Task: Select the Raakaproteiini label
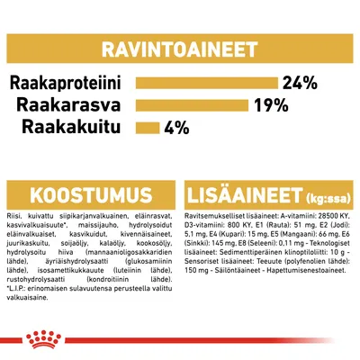(68, 84)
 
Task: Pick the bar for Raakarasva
(193, 105)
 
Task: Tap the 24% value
(300, 84)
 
